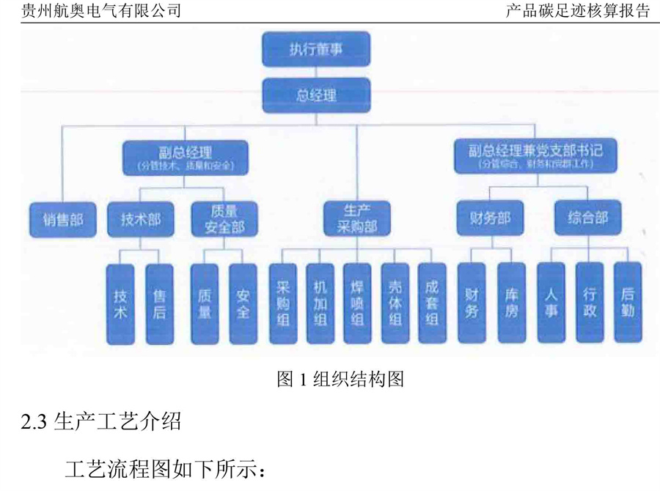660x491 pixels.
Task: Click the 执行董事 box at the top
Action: [x=315, y=49]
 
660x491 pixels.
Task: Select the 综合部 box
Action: [x=588, y=218]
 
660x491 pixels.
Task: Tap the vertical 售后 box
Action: [x=160, y=303]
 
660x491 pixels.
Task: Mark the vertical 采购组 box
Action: [x=282, y=303]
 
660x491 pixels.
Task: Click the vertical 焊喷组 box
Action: [x=357, y=303]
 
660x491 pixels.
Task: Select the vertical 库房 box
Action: [x=511, y=303]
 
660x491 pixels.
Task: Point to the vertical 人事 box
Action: [x=551, y=303]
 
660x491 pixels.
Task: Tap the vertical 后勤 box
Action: [x=627, y=303]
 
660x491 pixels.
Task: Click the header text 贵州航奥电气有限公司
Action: [x=101, y=11]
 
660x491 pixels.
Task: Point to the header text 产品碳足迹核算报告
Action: [x=578, y=11]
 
